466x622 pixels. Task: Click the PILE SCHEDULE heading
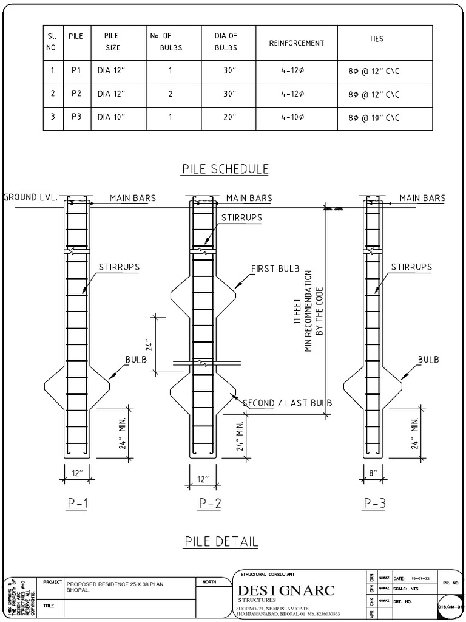[x=225, y=169]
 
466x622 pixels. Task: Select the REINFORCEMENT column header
[x=297, y=43]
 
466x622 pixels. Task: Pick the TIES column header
[x=376, y=39]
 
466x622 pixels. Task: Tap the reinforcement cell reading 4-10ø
[x=292, y=117]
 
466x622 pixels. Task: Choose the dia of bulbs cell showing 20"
[x=229, y=117]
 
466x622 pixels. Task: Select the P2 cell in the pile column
[x=76, y=94]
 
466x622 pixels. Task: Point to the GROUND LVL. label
[x=30, y=197]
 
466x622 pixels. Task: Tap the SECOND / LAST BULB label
[x=287, y=403]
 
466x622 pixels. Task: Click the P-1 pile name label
[x=76, y=503]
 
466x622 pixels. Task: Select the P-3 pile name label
[x=374, y=503]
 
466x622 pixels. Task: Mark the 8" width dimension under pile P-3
[x=374, y=472]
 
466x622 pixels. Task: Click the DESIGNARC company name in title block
[x=286, y=591]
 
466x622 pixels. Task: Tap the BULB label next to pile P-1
[x=137, y=360]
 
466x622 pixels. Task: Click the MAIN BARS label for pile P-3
[x=422, y=198]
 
